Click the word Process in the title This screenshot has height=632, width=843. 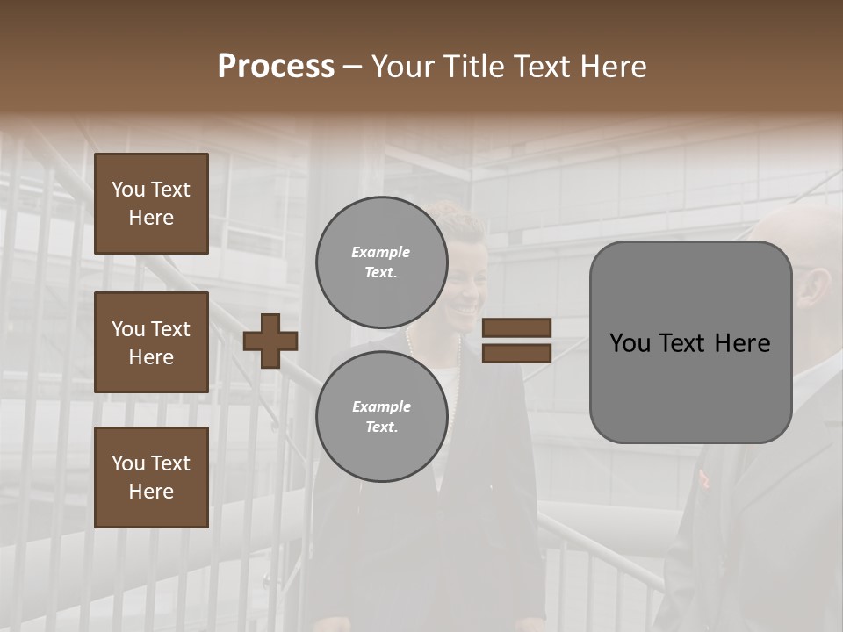(x=276, y=66)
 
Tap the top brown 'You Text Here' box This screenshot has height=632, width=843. (x=151, y=204)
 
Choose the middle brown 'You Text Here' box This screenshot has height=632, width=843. (x=151, y=342)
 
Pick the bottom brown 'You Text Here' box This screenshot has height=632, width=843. (x=151, y=478)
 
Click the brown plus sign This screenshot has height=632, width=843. (x=270, y=341)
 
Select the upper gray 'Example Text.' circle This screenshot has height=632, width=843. (x=381, y=262)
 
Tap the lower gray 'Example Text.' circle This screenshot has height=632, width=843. (x=381, y=416)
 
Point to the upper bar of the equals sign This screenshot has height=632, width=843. (x=516, y=328)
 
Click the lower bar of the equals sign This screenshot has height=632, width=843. (x=516, y=353)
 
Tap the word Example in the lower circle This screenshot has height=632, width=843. (x=381, y=406)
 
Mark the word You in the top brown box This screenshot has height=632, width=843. (x=128, y=190)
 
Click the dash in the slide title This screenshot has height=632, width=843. (x=352, y=67)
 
